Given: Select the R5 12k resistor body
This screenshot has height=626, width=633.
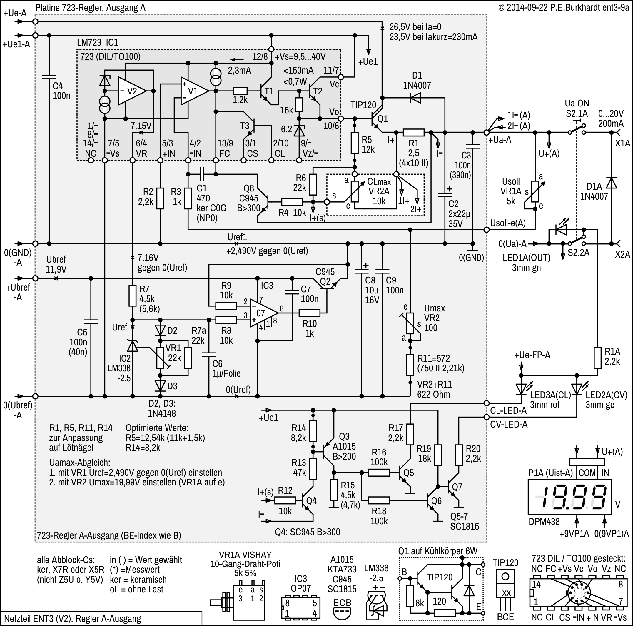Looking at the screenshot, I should tap(355, 143).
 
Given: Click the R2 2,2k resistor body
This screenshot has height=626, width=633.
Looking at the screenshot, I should tap(160, 198).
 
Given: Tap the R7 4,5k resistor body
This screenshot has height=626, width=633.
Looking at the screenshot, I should tap(132, 295).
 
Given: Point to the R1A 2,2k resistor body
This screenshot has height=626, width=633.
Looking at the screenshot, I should tap(598, 358).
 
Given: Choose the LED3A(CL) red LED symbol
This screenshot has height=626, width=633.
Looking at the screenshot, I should tap(521, 389).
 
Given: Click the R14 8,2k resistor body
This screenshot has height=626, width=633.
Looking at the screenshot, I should tap(313, 431).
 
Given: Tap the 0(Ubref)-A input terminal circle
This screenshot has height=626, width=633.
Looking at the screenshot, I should tap(35, 396).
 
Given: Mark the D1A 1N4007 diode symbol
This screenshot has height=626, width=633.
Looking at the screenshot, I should tap(611, 183).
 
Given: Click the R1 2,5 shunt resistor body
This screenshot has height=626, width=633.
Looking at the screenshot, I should tap(413, 132).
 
